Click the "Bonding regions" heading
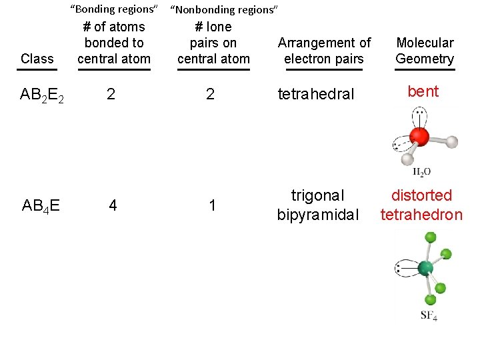coord(114,9)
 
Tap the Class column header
coord(37,59)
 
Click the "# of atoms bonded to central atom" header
coord(114,43)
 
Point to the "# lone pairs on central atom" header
coord(213,43)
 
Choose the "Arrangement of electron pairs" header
coord(324,51)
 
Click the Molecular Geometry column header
coord(425,51)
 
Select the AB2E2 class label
coord(42,95)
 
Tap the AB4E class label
coord(41,205)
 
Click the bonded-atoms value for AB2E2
coord(111,94)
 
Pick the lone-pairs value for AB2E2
coord(211,94)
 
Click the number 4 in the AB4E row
coord(113,205)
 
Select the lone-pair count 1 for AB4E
coord(212,205)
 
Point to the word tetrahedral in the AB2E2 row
coord(315,94)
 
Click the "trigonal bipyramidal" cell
coord(318,205)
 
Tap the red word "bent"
coord(423,91)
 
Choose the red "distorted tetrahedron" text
coord(421,205)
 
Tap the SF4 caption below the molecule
coord(429,315)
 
